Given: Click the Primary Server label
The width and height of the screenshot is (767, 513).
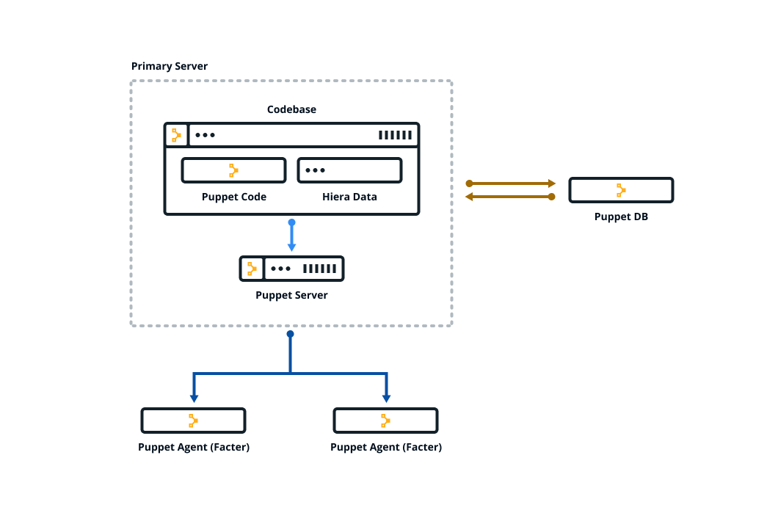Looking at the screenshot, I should tap(169, 66).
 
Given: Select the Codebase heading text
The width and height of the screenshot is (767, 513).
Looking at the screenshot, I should tap(291, 109).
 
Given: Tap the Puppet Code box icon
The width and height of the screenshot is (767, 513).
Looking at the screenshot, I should tap(233, 170).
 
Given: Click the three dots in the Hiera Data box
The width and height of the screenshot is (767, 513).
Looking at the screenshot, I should tap(315, 170).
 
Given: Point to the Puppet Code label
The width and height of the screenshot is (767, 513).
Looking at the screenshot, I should tap(233, 197).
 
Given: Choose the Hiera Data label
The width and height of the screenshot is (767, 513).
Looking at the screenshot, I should tap(349, 197).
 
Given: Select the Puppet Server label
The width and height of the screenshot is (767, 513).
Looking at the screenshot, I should tap(291, 295).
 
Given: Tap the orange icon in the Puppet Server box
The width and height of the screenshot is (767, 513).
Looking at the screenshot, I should tap(252, 269).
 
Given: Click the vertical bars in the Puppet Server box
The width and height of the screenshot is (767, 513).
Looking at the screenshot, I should tap(319, 269).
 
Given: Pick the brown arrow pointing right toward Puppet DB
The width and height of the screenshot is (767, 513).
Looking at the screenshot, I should tap(511, 183).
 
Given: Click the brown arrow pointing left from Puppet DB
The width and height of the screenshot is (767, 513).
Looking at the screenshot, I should tap(511, 197).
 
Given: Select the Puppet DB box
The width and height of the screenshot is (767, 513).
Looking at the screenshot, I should tap(621, 190).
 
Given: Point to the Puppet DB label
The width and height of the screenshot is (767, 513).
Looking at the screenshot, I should tap(621, 217).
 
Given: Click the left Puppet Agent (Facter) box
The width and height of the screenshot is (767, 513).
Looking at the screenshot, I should tap(193, 421).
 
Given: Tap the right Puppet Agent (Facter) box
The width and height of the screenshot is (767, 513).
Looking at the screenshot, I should tap(385, 421).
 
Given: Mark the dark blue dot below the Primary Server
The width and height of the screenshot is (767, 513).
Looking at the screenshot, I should tap(290, 334).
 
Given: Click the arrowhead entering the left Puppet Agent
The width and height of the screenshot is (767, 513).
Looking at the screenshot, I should tap(194, 398).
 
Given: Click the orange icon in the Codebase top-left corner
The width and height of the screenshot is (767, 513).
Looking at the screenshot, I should tap(176, 135).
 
